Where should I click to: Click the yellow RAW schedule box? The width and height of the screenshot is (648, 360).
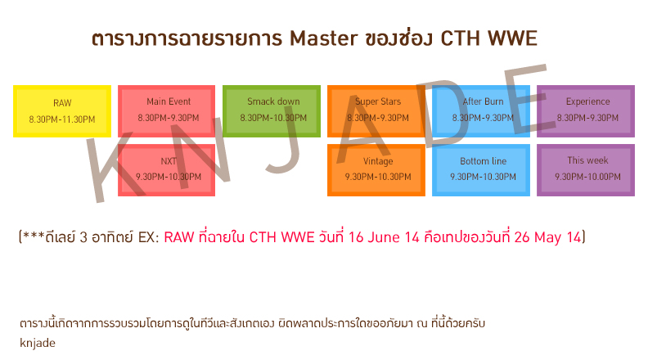point(62,111)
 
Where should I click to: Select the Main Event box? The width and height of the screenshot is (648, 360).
point(167,111)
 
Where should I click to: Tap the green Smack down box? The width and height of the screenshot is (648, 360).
point(272,111)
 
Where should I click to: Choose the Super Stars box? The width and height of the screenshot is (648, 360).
point(376,111)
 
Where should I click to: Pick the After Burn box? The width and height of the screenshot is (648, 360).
point(481,111)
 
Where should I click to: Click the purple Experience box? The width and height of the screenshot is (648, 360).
point(586,111)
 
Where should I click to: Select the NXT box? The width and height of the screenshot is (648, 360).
point(167,170)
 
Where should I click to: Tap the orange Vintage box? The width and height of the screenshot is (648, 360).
point(376,170)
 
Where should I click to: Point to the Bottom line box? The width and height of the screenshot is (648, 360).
point(481,170)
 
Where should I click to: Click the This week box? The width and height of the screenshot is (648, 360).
point(586,170)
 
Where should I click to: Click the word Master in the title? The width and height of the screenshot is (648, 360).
point(323,38)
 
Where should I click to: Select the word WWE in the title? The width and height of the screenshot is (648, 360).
point(512,38)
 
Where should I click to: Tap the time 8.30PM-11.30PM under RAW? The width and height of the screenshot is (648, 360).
point(62,119)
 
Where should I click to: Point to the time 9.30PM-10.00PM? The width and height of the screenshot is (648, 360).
point(587,177)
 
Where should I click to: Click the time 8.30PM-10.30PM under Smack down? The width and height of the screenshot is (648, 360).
point(273,118)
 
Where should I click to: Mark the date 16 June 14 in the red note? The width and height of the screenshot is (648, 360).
point(384,237)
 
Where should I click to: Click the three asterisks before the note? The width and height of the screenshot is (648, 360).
point(34,236)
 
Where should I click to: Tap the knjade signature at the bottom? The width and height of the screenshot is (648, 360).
point(38,343)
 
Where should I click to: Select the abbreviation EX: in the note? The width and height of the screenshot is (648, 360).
point(148,237)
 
